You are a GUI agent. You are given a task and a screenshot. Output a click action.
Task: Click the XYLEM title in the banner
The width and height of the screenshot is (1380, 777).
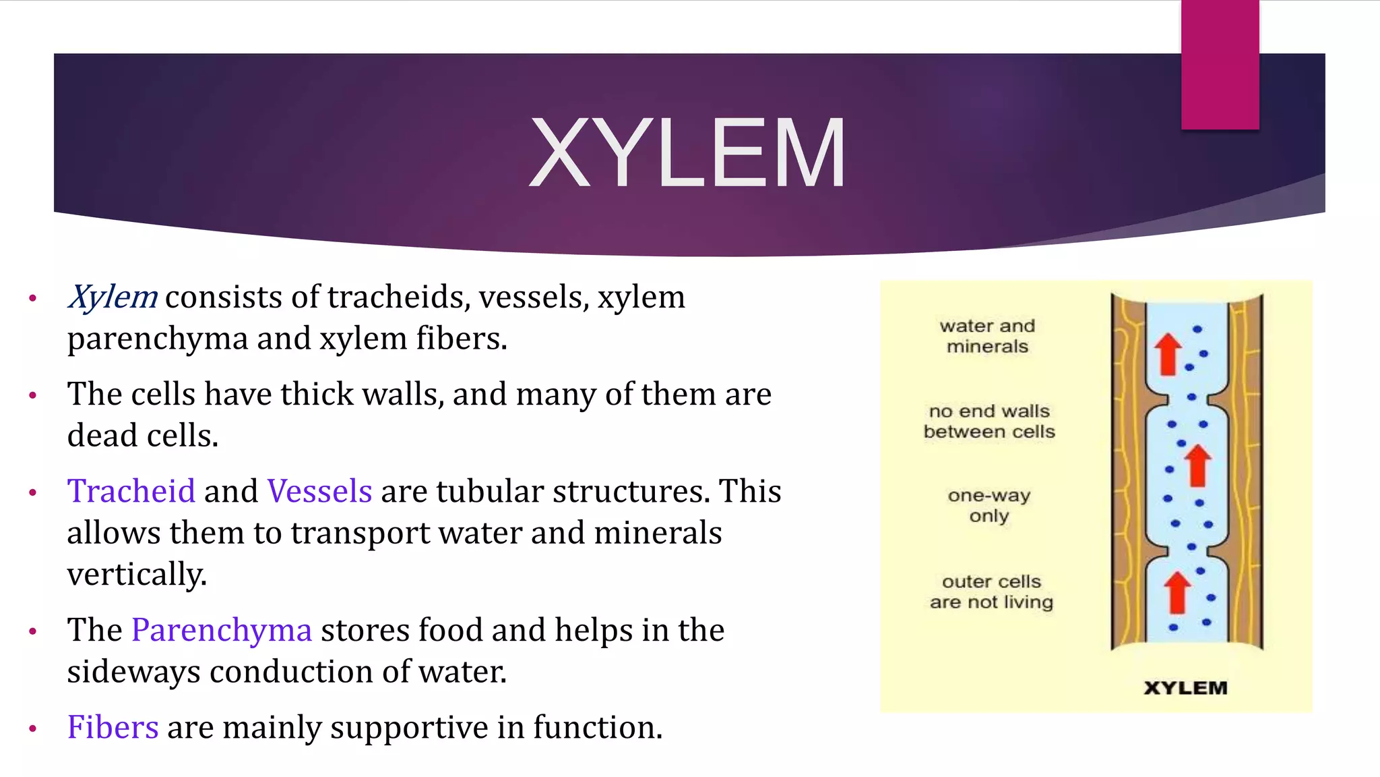click(687, 154)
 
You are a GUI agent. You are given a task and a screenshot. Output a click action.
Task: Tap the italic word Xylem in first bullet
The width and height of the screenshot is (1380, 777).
click(113, 297)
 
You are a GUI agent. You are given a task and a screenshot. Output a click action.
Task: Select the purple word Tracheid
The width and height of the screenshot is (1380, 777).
click(131, 491)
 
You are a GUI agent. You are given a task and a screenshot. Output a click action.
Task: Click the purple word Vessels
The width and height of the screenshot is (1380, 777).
click(319, 491)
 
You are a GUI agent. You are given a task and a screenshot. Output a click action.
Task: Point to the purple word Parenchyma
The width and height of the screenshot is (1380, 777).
click(222, 630)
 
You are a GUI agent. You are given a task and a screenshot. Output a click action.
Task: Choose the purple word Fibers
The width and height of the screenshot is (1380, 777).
click(113, 727)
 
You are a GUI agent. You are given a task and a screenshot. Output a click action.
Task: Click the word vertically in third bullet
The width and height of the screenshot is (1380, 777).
click(137, 575)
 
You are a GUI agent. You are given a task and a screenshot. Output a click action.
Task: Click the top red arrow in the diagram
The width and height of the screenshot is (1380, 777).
click(1168, 354)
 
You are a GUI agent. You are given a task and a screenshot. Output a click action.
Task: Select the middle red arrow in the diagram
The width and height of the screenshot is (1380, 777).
click(1197, 465)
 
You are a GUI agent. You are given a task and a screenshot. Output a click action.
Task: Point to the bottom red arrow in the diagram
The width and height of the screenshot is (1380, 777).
click(1177, 592)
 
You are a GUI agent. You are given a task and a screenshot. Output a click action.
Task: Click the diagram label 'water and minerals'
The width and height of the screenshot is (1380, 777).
click(987, 336)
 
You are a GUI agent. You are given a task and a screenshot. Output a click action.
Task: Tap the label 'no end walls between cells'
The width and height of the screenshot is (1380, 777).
click(989, 421)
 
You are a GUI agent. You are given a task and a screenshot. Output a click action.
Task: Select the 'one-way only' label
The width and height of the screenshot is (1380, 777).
click(989, 505)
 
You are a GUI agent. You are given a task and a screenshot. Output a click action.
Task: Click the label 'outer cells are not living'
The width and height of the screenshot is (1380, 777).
click(991, 592)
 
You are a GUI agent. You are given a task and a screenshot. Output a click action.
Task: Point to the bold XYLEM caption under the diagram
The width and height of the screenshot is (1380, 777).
click(1185, 688)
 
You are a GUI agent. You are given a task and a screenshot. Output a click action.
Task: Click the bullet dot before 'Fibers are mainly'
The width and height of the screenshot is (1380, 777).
click(32, 728)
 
